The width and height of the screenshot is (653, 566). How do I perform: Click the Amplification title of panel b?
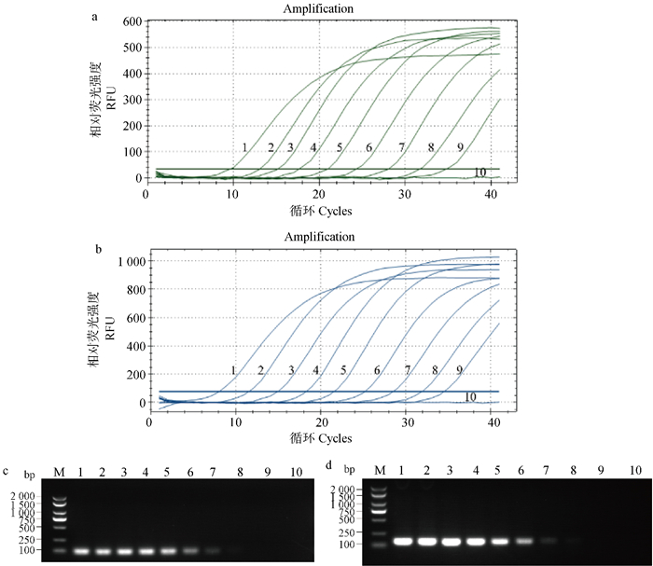pos(319,237)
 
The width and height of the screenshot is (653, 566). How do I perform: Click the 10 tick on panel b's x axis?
pos(237,421)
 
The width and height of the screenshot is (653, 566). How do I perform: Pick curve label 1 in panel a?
pos(244,147)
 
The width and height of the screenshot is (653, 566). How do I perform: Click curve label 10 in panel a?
pos(479,173)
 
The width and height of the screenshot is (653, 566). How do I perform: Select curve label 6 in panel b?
pos(377,371)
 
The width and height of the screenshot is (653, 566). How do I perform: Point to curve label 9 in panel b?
pos(459,370)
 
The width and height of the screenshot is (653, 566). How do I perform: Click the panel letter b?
pos(99,249)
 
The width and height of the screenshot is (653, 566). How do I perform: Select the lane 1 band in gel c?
pos(81,550)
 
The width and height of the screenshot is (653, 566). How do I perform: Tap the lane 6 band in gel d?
pos(523,541)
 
